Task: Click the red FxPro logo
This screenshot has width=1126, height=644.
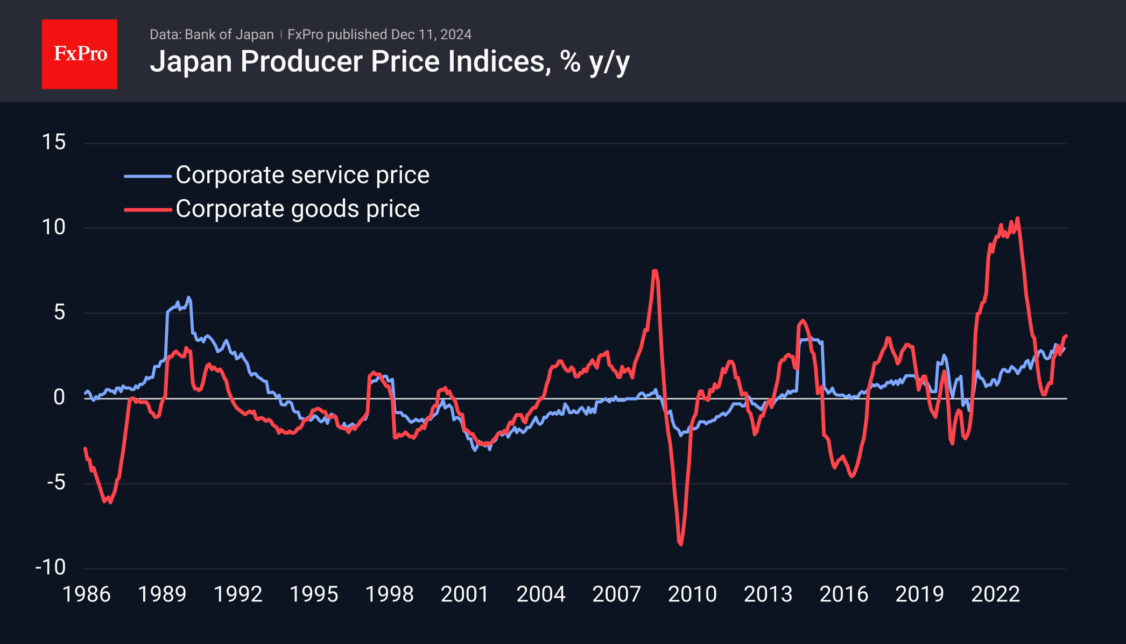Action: point(80,54)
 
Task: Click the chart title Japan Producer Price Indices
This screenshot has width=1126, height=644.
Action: point(389,61)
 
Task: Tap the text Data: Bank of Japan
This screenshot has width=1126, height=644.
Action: point(212,34)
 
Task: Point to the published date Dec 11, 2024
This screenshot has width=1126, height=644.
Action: point(431,34)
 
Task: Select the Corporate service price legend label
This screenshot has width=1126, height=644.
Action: point(302,175)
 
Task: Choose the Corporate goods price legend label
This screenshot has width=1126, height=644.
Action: point(298,209)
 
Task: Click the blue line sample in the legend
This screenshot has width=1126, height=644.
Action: point(147,176)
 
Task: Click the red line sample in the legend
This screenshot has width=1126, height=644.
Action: point(147,209)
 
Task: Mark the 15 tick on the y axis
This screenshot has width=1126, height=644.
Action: point(54,142)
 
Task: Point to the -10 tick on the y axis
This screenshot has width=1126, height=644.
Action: point(51,567)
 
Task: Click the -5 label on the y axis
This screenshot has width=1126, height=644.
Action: point(56,482)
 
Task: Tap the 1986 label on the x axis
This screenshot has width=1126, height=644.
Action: point(87,594)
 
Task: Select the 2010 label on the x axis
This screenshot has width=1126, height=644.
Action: point(692,594)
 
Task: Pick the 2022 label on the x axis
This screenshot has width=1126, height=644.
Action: point(995,594)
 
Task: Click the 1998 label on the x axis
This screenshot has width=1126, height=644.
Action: point(389,594)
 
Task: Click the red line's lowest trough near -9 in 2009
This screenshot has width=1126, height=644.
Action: point(681,544)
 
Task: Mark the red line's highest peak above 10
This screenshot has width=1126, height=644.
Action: point(1017,218)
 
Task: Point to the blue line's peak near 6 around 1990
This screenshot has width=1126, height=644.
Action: point(188,297)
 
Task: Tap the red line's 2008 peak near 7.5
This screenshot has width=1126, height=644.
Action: point(655,271)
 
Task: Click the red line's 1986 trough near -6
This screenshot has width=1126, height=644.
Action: point(110,502)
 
